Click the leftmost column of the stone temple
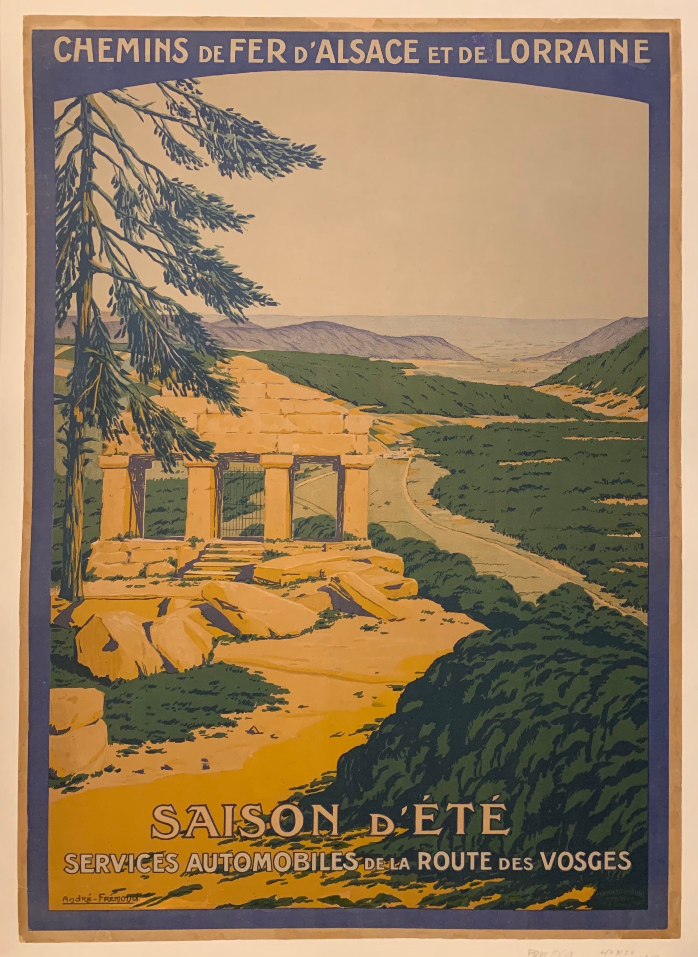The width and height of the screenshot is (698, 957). tap(115, 498)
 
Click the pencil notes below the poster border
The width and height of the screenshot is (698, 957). tap(592, 950)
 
